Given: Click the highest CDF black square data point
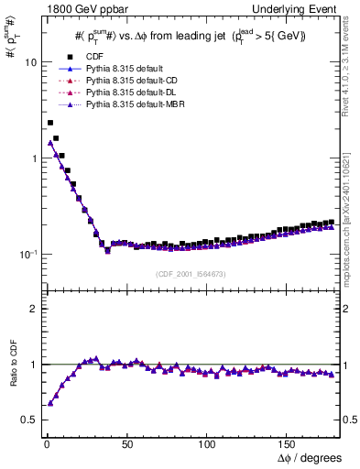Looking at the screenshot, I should [50, 123].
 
